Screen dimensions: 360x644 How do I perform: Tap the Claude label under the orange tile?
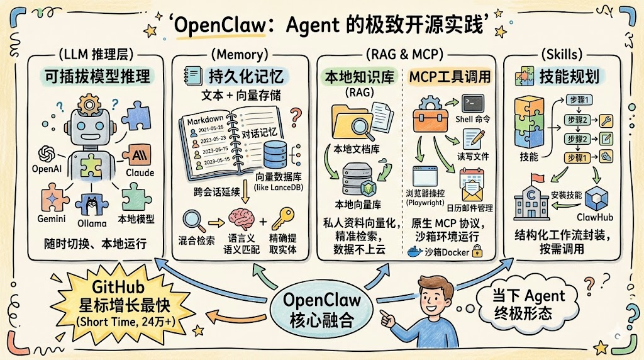click(140, 172)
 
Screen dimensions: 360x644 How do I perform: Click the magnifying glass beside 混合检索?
click(192, 220)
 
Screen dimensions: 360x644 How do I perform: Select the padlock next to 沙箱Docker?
click(477, 252)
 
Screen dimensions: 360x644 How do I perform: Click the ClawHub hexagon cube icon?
click(596, 200)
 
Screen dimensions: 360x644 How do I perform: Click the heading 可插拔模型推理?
click(97, 76)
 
